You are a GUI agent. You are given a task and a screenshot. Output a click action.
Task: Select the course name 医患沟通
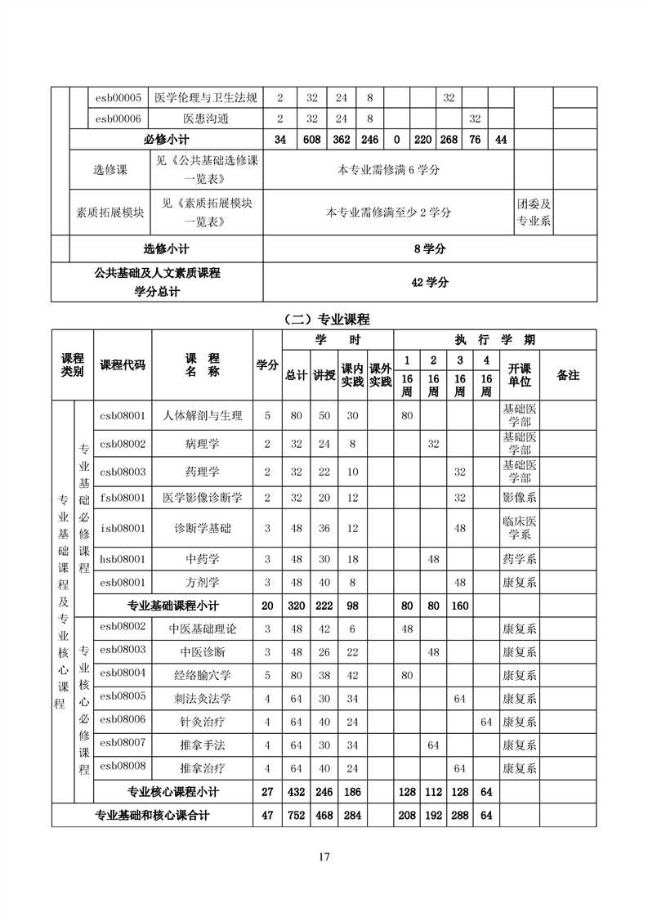coord(205,119)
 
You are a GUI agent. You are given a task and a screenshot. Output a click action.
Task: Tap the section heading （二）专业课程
coord(324,318)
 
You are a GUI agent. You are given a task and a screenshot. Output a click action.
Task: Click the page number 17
coord(324,857)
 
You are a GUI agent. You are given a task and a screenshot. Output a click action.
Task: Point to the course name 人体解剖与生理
coord(203,415)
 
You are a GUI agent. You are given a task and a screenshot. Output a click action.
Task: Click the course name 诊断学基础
coord(203,528)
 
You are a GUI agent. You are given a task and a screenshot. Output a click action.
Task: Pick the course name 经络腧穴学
coord(203,675)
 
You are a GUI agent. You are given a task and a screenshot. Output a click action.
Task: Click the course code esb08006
coord(122,719)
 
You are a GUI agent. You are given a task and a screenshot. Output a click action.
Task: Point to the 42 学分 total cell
coord(430,282)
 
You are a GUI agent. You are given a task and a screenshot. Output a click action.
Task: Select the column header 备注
coord(568,375)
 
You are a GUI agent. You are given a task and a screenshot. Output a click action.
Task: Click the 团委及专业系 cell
coord(534,212)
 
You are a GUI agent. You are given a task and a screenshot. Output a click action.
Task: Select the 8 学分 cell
coord(430,248)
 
